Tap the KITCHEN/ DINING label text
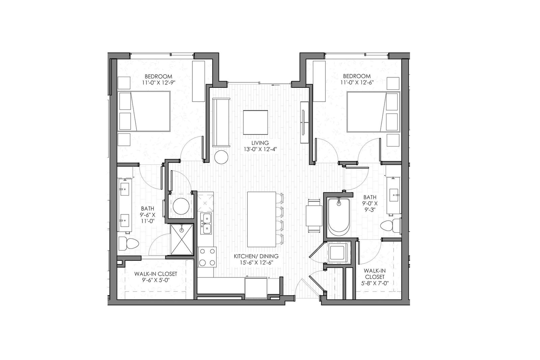click(x=256, y=256)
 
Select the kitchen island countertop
click(x=262, y=220)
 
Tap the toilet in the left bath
click(x=129, y=243)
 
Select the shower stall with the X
click(x=182, y=239)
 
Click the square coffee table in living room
click(x=255, y=122)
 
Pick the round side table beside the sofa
click(x=221, y=157)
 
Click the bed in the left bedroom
click(x=144, y=111)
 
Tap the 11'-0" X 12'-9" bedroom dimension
click(x=158, y=82)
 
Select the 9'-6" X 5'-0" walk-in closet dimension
click(x=156, y=280)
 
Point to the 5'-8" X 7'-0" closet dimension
click(x=375, y=283)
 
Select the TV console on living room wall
click(x=304, y=122)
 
